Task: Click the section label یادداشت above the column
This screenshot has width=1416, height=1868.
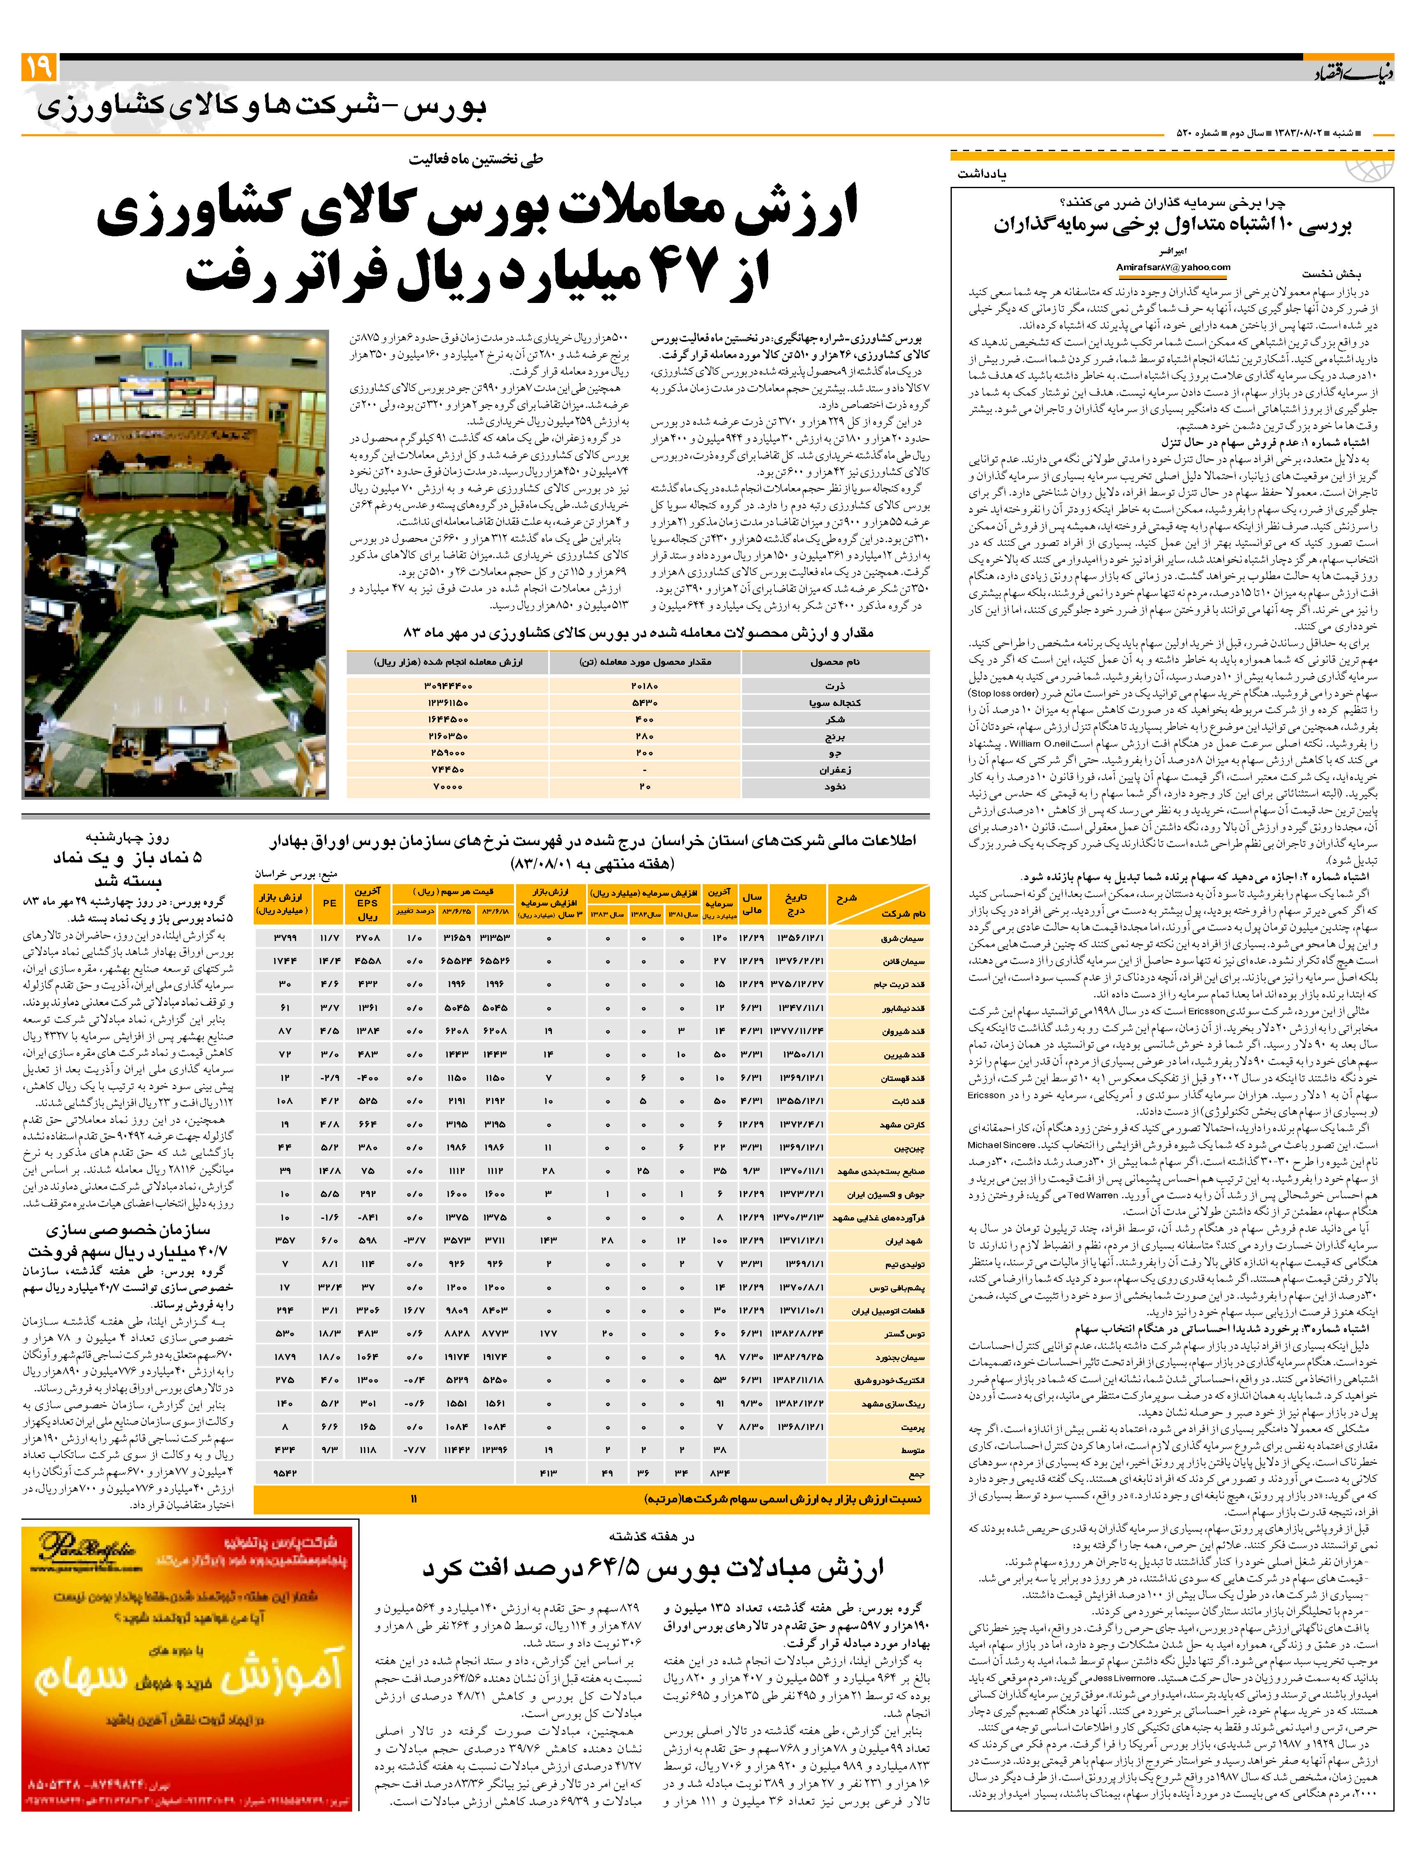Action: pos(983,173)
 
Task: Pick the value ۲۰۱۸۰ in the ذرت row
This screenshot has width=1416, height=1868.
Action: pos(645,686)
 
